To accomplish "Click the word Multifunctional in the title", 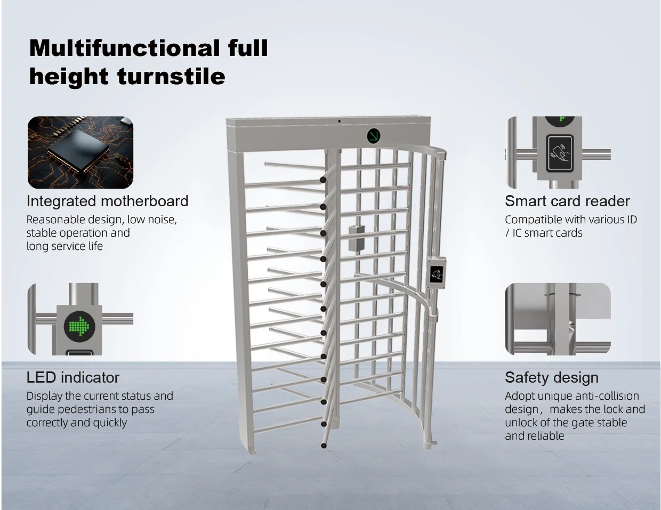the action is (124, 48).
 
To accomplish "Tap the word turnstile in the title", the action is (171, 76).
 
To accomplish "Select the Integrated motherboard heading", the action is (107, 201).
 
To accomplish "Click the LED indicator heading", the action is (73, 377).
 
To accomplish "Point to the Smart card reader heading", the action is (567, 201).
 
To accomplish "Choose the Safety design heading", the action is (552, 377).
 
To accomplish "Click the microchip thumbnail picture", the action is (80, 152).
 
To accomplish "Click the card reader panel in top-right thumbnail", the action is (560, 153).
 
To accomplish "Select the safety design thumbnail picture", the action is (558, 319).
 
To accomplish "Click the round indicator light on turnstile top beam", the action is (374, 136).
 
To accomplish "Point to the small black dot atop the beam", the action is (339, 122).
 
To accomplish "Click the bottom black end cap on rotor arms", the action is (324, 446).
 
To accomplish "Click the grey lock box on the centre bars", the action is (357, 238).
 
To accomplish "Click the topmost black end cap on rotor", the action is (323, 180).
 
